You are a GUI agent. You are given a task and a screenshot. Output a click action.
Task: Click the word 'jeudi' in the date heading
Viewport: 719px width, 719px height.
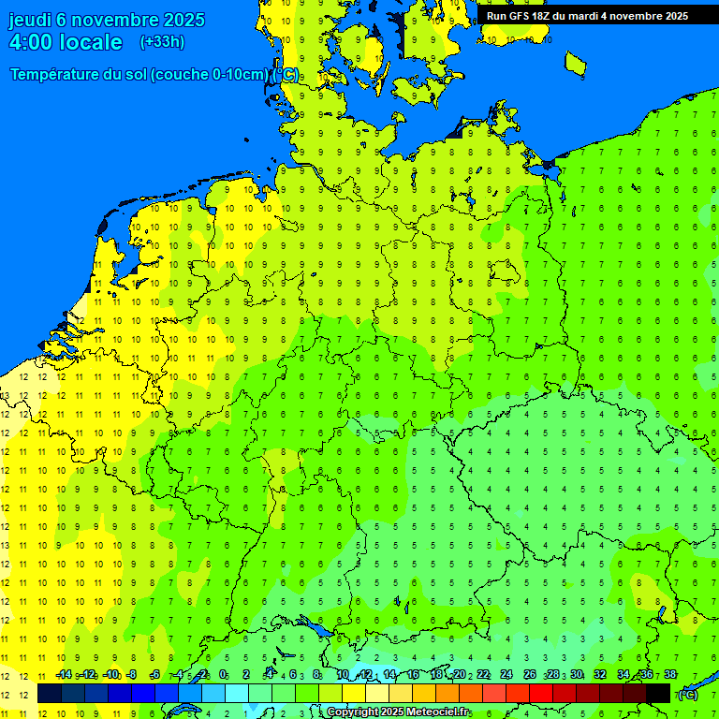click(x=30, y=20)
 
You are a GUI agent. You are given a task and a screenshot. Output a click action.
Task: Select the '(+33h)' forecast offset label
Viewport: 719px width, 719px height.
click(x=162, y=42)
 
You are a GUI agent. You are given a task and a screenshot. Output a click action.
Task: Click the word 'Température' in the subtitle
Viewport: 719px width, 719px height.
click(x=56, y=75)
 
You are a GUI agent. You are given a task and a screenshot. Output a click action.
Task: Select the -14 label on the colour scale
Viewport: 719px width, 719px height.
click(x=64, y=675)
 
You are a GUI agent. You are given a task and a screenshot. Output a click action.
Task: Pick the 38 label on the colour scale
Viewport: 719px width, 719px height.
click(x=669, y=675)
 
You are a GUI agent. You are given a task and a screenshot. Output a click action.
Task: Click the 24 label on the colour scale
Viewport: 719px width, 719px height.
click(x=506, y=675)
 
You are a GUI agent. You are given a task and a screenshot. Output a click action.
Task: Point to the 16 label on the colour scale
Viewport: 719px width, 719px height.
click(x=412, y=675)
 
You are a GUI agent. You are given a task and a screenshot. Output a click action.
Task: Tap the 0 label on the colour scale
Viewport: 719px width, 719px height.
click(x=223, y=675)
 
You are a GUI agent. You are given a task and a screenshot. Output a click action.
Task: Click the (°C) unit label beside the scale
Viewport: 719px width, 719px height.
click(x=687, y=694)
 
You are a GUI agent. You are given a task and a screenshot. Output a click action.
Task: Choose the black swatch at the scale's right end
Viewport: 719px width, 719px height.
click(x=658, y=694)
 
